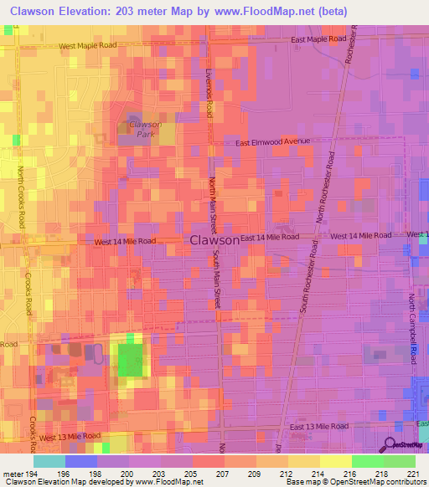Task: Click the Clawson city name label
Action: pos(215,239)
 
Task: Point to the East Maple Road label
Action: pos(318,39)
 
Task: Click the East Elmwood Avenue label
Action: pos(272,143)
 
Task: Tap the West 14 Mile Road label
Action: pos(125,241)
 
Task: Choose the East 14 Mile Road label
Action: pos(270,237)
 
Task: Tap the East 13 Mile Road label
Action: pos(318,427)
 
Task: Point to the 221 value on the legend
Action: pos(410,474)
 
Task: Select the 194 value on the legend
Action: pos(31,474)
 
